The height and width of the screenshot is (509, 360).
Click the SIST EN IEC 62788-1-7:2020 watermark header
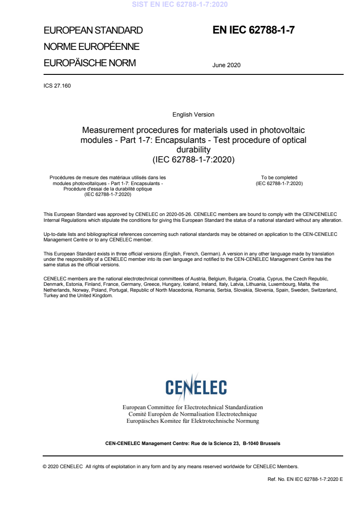point(180,5)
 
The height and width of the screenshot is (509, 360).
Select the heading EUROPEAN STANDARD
point(93,30)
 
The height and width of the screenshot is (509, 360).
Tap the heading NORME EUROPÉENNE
point(91,47)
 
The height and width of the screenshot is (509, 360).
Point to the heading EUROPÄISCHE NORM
point(89,63)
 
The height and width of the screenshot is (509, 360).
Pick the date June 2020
point(226,65)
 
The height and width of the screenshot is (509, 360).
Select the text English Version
point(193,115)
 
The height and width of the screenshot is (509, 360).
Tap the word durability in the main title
point(193,149)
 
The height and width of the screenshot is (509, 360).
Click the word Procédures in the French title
point(62,177)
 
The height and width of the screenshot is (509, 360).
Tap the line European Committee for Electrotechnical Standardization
point(193,407)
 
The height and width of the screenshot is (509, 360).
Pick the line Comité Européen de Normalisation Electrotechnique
point(193,414)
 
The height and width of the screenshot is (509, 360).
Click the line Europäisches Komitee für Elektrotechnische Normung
point(193,421)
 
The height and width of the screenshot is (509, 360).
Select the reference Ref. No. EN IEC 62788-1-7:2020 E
point(306,479)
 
